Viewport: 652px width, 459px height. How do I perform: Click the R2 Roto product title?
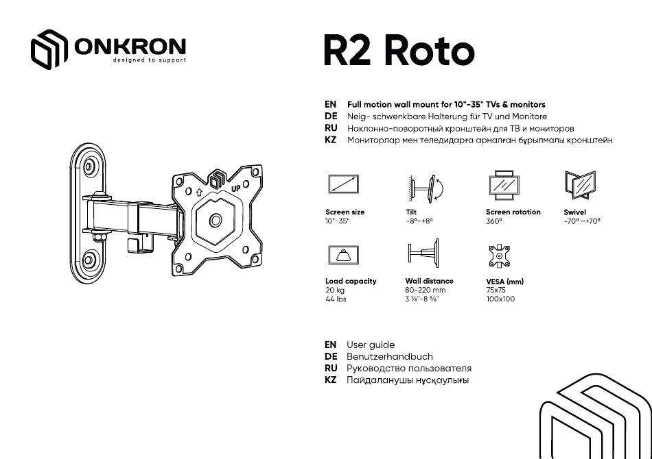[x=399, y=51]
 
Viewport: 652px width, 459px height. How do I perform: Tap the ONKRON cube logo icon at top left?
[x=49, y=49]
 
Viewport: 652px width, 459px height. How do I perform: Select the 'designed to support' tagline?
[x=150, y=60]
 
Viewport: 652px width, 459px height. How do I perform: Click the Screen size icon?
[x=343, y=184]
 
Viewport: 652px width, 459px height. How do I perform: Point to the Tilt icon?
[x=426, y=188]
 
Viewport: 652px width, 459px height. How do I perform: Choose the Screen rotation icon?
[x=504, y=186]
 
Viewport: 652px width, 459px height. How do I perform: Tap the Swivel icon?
[x=580, y=185]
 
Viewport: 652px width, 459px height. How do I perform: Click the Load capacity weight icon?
[x=343, y=254]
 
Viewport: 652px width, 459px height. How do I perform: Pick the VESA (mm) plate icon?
[x=499, y=256]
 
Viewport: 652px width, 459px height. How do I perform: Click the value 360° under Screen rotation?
[x=494, y=221]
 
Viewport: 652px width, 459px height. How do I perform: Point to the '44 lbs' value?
[x=336, y=299]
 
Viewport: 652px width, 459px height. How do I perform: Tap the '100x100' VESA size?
[x=500, y=299]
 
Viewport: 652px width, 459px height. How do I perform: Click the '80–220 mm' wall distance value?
[x=426, y=290]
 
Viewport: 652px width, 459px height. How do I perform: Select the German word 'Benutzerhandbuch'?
[x=390, y=356]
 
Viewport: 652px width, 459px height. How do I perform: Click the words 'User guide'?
[x=371, y=345]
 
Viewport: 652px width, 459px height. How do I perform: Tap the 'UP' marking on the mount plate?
[x=236, y=188]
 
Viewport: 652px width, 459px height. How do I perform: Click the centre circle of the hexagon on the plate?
[x=216, y=221]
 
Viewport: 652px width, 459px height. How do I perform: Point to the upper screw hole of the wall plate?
[x=89, y=167]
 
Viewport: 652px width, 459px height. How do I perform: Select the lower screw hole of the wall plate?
[x=89, y=261]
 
